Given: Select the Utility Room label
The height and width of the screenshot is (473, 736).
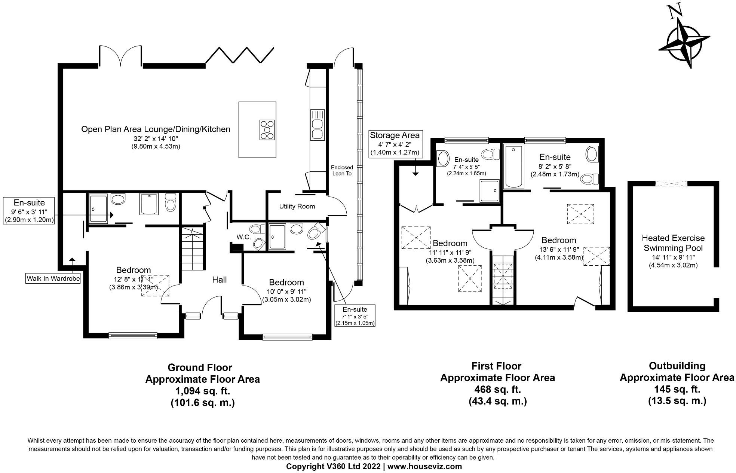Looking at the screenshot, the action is point(297,206).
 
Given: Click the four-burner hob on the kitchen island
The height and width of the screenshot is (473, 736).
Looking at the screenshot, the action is point(267,130).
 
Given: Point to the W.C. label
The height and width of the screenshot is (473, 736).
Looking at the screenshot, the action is point(243,237).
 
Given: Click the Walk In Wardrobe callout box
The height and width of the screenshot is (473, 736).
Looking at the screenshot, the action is point(53,278).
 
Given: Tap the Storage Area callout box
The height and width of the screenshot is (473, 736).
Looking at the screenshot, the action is point(395,144).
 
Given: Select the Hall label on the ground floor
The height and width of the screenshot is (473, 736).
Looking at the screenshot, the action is point(220,280).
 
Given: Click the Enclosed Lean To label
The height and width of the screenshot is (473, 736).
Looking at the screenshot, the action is point(342,170).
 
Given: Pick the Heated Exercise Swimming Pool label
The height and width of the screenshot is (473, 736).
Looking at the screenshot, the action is point(673,243).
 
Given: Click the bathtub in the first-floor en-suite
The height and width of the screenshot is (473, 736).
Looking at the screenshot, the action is point(515,167).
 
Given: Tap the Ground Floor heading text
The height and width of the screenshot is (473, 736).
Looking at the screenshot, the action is point(200,367).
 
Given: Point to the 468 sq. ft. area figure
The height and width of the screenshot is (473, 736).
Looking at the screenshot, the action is point(497,389).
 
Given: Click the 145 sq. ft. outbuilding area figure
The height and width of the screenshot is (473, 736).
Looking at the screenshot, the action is point(677,389).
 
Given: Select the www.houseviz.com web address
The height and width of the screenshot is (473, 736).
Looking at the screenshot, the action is point(424,467).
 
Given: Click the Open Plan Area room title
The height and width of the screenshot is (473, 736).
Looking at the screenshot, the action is point(156,129).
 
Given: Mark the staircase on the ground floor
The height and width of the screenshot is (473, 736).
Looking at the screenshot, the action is point(193,248).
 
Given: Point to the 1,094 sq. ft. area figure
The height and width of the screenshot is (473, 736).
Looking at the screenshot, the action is point(203,391).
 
